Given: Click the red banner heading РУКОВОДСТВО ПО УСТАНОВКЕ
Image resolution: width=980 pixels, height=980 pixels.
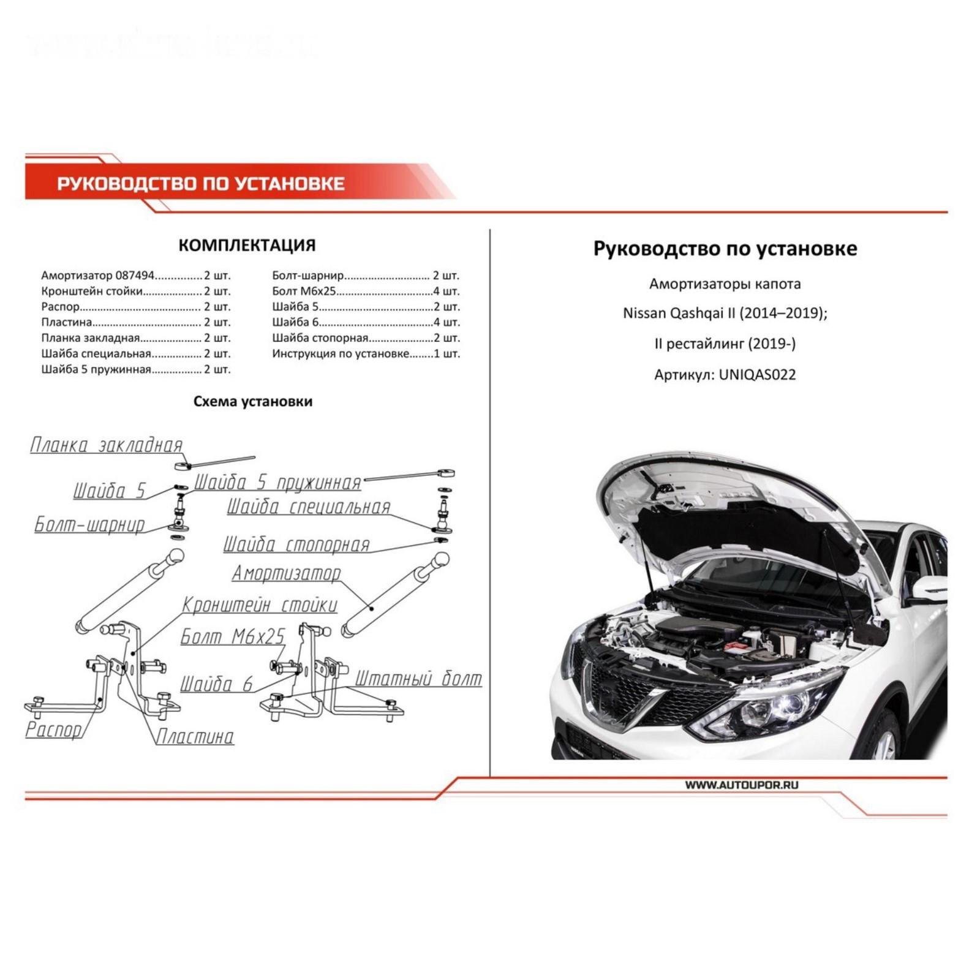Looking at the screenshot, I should pyautogui.click(x=201, y=184).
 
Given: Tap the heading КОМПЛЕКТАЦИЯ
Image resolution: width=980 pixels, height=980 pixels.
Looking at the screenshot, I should pyautogui.click(x=247, y=246).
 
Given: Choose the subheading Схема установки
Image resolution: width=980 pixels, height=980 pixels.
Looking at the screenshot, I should pyautogui.click(x=252, y=402).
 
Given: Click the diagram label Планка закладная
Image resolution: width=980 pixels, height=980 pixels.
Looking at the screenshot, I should pyautogui.click(x=107, y=445).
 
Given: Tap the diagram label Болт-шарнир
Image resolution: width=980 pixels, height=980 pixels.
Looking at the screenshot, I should pyautogui.click(x=89, y=525).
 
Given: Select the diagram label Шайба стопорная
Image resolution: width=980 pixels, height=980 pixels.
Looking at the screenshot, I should pyautogui.click(x=296, y=545).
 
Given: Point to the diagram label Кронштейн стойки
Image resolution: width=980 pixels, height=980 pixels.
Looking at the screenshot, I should pyautogui.click(x=260, y=605).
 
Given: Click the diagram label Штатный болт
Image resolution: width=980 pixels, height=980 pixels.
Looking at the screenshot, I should pyautogui.click(x=418, y=679).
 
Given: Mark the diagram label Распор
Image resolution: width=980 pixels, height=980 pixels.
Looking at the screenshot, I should pyautogui.click(x=53, y=729).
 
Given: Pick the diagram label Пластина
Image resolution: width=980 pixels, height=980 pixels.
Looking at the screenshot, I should pyautogui.click(x=195, y=736).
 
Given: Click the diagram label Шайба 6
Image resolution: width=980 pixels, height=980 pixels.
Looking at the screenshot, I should pyautogui.click(x=216, y=684).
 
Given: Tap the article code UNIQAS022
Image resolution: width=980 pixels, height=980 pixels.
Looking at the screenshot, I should pyautogui.click(x=757, y=375).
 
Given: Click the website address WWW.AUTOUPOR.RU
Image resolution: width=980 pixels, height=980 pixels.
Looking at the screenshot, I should pyautogui.click(x=741, y=785).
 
